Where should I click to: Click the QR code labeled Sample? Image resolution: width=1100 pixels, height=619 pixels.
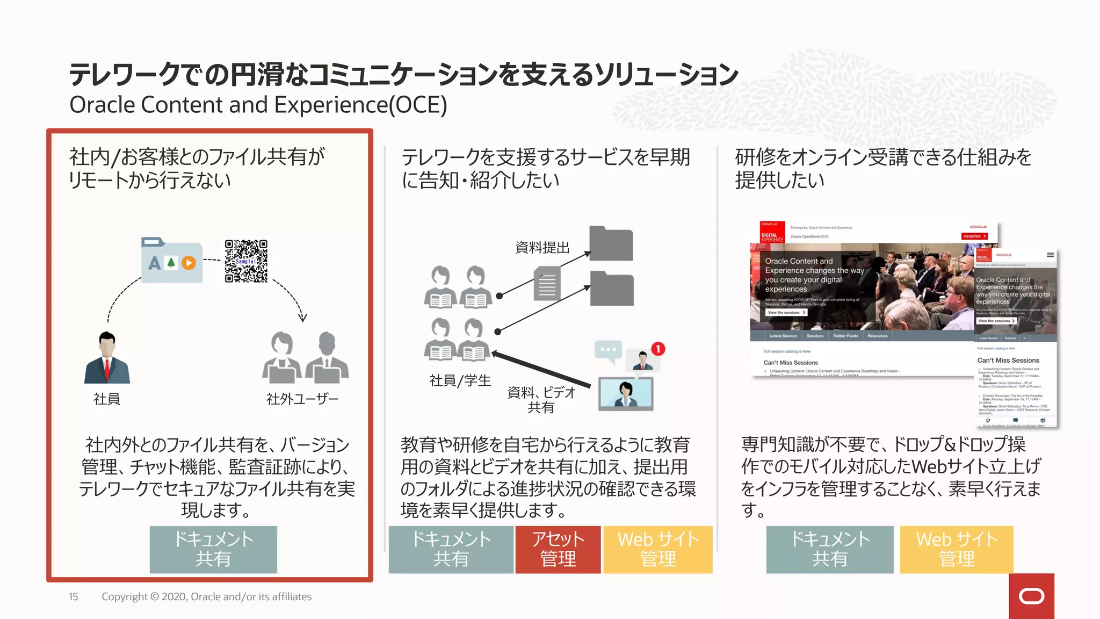pyautogui.click(x=246, y=261)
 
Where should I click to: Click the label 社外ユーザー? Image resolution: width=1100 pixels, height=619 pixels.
pyautogui.click(x=302, y=399)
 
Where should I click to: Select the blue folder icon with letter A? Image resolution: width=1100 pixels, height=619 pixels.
pyautogui.click(x=172, y=261)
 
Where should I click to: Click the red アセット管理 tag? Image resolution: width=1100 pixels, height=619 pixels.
pyautogui.click(x=558, y=549)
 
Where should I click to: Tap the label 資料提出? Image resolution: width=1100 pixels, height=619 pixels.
pyautogui.click(x=542, y=248)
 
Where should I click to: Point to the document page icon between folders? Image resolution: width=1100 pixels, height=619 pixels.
pyautogui.click(x=547, y=284)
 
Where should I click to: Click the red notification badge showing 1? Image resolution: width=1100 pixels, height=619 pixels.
pyautogui.click(x=658, y=349)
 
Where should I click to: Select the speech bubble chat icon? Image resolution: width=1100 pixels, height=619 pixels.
pyautogui.click(x=608, y=350)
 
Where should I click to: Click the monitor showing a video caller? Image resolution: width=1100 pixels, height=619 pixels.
pyautogui.click(x=626, y=394)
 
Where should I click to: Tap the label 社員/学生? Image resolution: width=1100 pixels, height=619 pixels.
pyautogui.click(x=460, y=380)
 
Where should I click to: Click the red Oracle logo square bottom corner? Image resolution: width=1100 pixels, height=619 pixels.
pyautogui.click(x=1031, y=596)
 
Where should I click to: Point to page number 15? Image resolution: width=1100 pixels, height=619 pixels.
pyautogui.click(x=73, y=596)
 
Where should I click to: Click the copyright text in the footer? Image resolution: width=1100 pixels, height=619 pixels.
pyautogui.click(x=206, y=596)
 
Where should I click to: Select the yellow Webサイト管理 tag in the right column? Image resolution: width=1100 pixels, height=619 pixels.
pyautogui.click(x=956, y=549)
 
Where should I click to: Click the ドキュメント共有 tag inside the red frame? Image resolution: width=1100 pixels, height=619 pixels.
pyautogui.click(x=213, y=549)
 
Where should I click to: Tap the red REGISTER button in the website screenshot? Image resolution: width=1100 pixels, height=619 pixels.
pyautogui.click(x=974, y=236)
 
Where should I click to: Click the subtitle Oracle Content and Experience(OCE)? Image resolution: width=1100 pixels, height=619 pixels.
pyautogui.click(x=258, y=105)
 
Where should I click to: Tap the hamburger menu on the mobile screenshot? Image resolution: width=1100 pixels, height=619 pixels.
pyautogui.click(x=1050, y=255)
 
